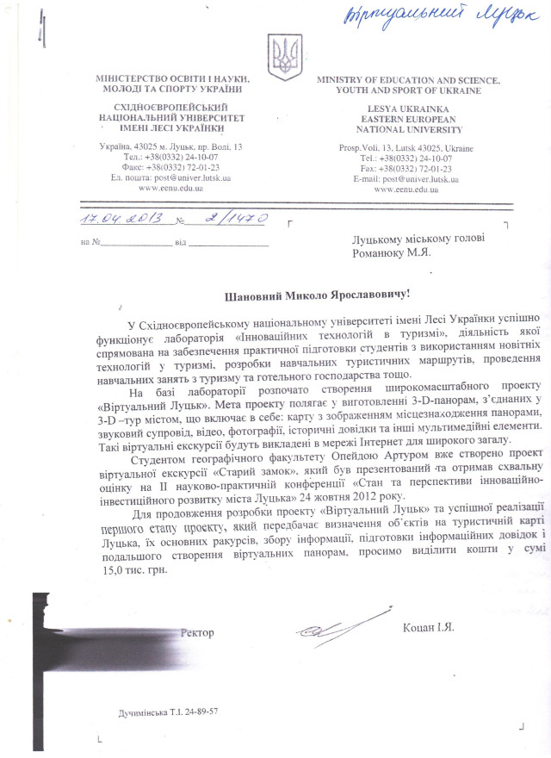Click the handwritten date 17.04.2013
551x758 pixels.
pyautogui.click(x=120, y=220)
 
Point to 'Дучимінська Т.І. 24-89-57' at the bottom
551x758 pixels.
pyautogui.click(x=168, y=712)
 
